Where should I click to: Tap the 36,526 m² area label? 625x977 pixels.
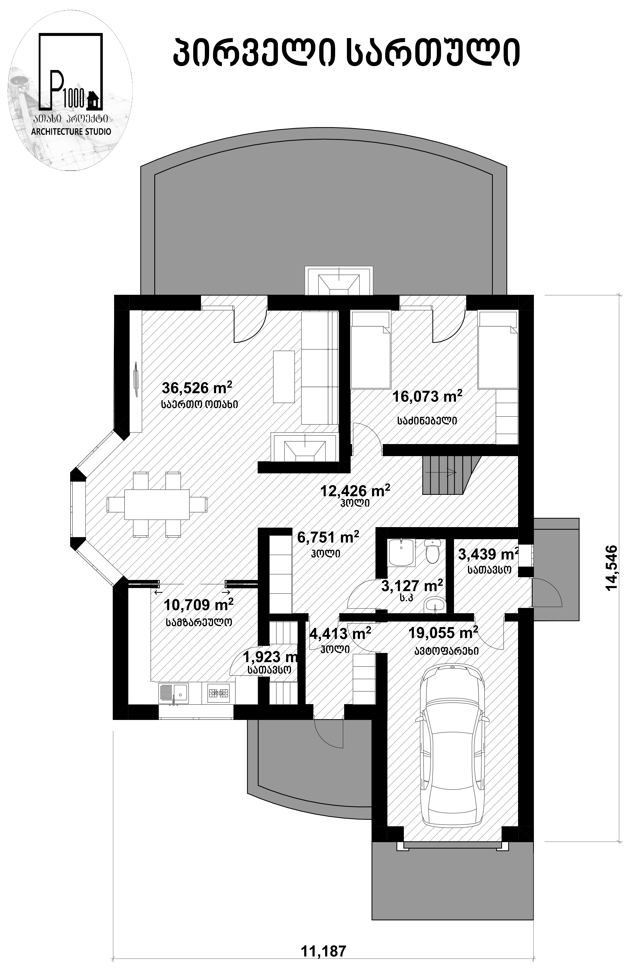tap(197, 388)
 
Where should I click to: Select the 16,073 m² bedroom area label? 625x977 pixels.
tap(427, 396)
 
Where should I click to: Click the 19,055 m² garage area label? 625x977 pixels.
tap(443, 643)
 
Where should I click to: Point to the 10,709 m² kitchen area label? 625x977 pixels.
tap(199, 605)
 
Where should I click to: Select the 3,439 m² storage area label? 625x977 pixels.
tap(489, 554)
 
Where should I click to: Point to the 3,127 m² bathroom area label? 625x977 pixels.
tap(412, 586)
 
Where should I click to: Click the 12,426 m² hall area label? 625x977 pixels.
tap(355, 491)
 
